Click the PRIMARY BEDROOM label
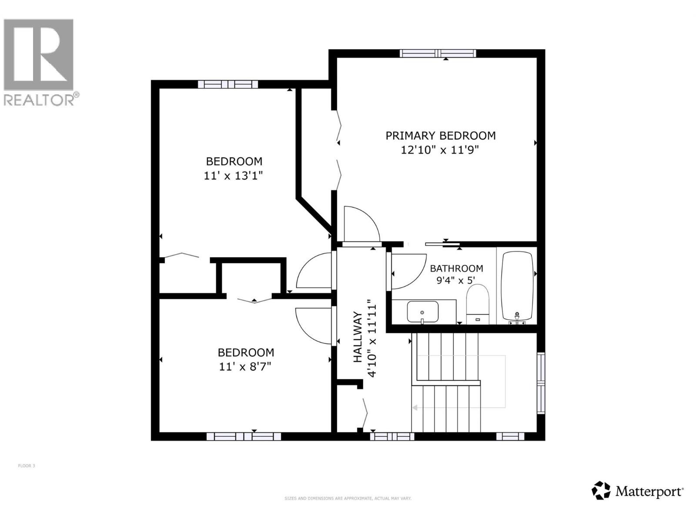point(440,136)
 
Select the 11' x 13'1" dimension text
point(234,176)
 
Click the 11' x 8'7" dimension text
point(245,367)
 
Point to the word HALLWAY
point(358,337)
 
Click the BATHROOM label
point(456,268)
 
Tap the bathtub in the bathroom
point(517,286)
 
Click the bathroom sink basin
point(422,311)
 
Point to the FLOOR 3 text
point(27,466)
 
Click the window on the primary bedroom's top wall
point(438,54)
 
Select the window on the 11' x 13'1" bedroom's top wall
point(228,84)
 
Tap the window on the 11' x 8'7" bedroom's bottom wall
point(244,436)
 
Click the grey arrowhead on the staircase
point(415,408)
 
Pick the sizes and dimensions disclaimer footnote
point(348,499)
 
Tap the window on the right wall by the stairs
point(541,383)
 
